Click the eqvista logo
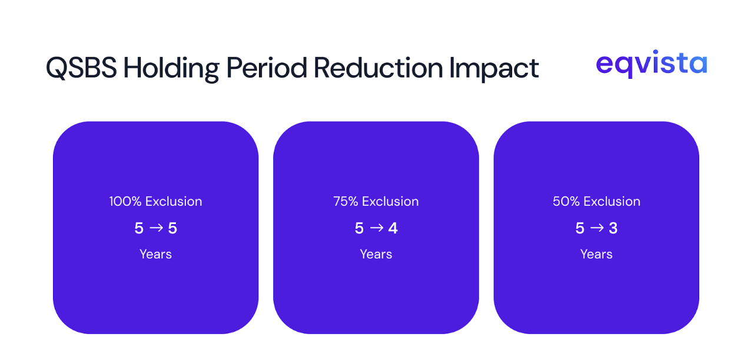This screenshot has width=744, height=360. [651, 64]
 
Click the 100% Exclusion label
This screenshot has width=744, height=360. [155, 201]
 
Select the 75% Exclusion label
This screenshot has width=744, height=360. [376, 201]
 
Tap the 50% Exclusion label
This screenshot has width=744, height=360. [596, 201]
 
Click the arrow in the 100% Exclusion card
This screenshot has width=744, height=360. [156, 228]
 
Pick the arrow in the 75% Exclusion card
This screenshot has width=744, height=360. [376, 228]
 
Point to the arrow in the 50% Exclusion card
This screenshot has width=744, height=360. [597, 228]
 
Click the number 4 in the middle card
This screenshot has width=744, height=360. [393, 228]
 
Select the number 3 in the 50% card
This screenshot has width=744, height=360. [613, 228]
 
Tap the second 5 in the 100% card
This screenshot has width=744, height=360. [172, 228]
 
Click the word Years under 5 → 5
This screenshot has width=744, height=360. [155, 254]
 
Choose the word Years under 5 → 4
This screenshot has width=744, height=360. [376, 254]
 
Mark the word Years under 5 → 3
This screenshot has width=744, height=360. [596, 254]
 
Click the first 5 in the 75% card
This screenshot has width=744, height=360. [359, 228]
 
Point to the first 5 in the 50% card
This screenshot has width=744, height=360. [580, 228]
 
